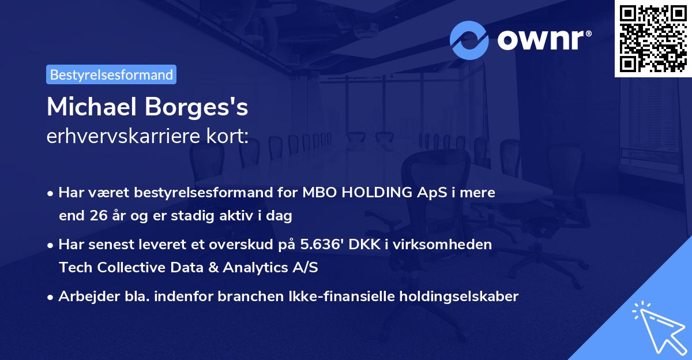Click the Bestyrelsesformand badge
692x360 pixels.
pos(111,74)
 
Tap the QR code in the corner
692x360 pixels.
pos(653,38)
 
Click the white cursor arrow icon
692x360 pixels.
pos(659,327)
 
